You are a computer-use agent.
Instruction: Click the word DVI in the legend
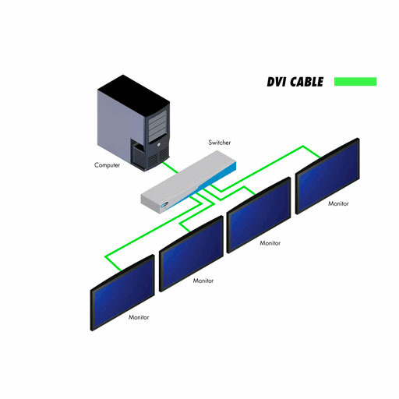pyautogui.click(x=276, y=82)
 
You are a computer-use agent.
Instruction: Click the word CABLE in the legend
pyautogui.click(x=307, y=82)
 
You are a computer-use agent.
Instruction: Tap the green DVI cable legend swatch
pyautogui.click(x=355, y=82)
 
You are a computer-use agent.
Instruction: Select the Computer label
pyautogui.click(x=107, y=165)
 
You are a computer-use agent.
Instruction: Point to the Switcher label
pyautogui.click(x=220, y=143)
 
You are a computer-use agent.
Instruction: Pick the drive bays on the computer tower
pyautogui.click(x=157, y=125)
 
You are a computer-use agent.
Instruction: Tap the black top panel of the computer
pyautogui.click(x=134, y=92)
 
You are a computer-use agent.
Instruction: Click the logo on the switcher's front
pyautogui.click(x=164, y=205)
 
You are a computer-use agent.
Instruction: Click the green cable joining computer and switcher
pyautogui.click(x=171, y=168)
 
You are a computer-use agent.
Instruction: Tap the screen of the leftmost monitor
pyautogui.click(x=122, y=293)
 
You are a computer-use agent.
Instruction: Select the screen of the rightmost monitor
pyautogui.click(x=327, y=176)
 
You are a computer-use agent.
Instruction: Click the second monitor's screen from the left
pyautogui.click(x=192, y=254)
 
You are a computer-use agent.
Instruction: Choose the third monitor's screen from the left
pyautogui.click(x=259, y=215)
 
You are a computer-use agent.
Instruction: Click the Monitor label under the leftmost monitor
pyautogui.click(x=139, y=317)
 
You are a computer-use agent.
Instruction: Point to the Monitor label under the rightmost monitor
pyautogui.click(x=338, y=203)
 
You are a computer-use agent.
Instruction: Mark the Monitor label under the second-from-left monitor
pyautogui.click(x=203, y=281)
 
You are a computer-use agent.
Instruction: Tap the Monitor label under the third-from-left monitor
pyautogui.click(x=270, y=243)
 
